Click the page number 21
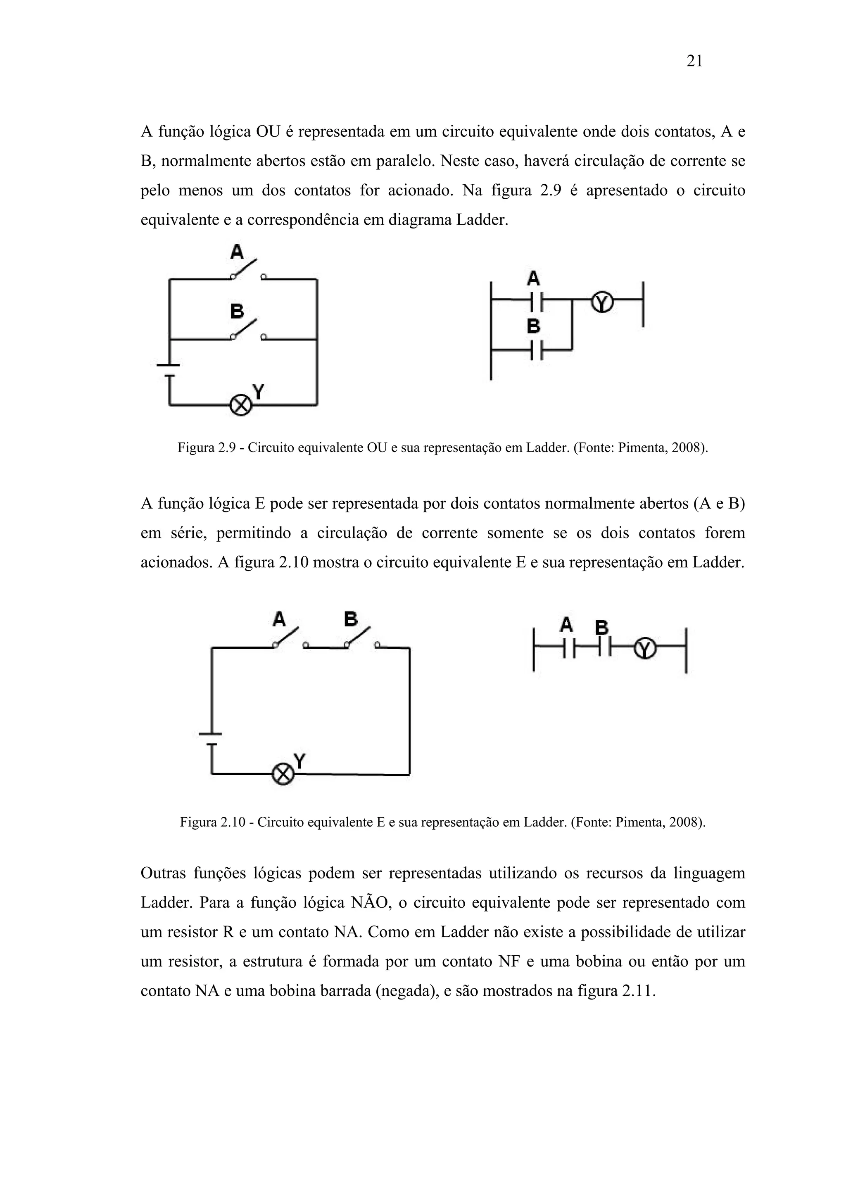(x=694, y=62)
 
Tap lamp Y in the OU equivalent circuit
(x=241, y=405)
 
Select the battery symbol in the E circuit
(x=211, y=739)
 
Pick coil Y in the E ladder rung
(x=645, y=649)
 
